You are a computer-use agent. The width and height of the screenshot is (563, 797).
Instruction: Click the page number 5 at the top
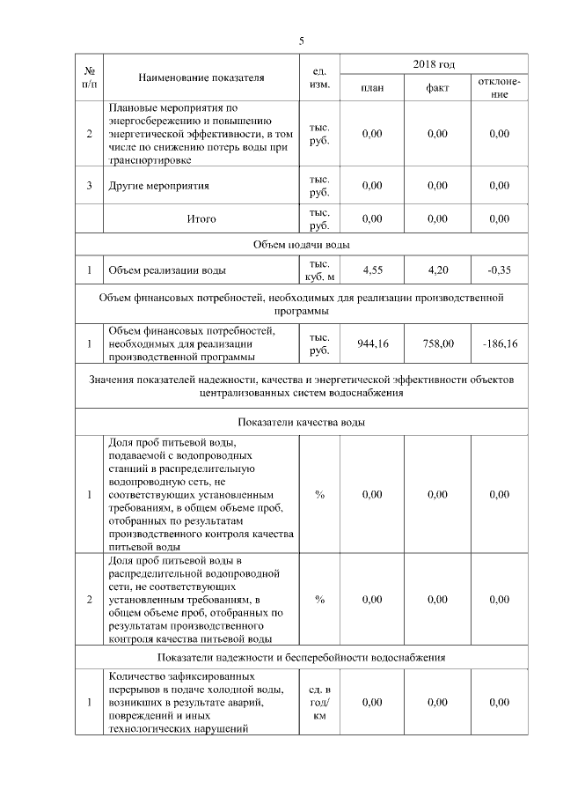(x=301, y=41)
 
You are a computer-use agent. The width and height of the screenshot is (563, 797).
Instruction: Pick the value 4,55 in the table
(x=372, y=270)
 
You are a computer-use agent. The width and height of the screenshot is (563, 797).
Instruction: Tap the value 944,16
(x=372, y=343)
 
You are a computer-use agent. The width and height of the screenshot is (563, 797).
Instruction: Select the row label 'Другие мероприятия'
(x=159, y=186)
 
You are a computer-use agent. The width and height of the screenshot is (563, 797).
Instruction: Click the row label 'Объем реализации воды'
(x=166, y=270)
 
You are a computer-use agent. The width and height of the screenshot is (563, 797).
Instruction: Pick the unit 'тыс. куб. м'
(x=319, y=270)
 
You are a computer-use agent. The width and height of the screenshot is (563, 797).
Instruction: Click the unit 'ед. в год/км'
(x=319, y=702)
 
